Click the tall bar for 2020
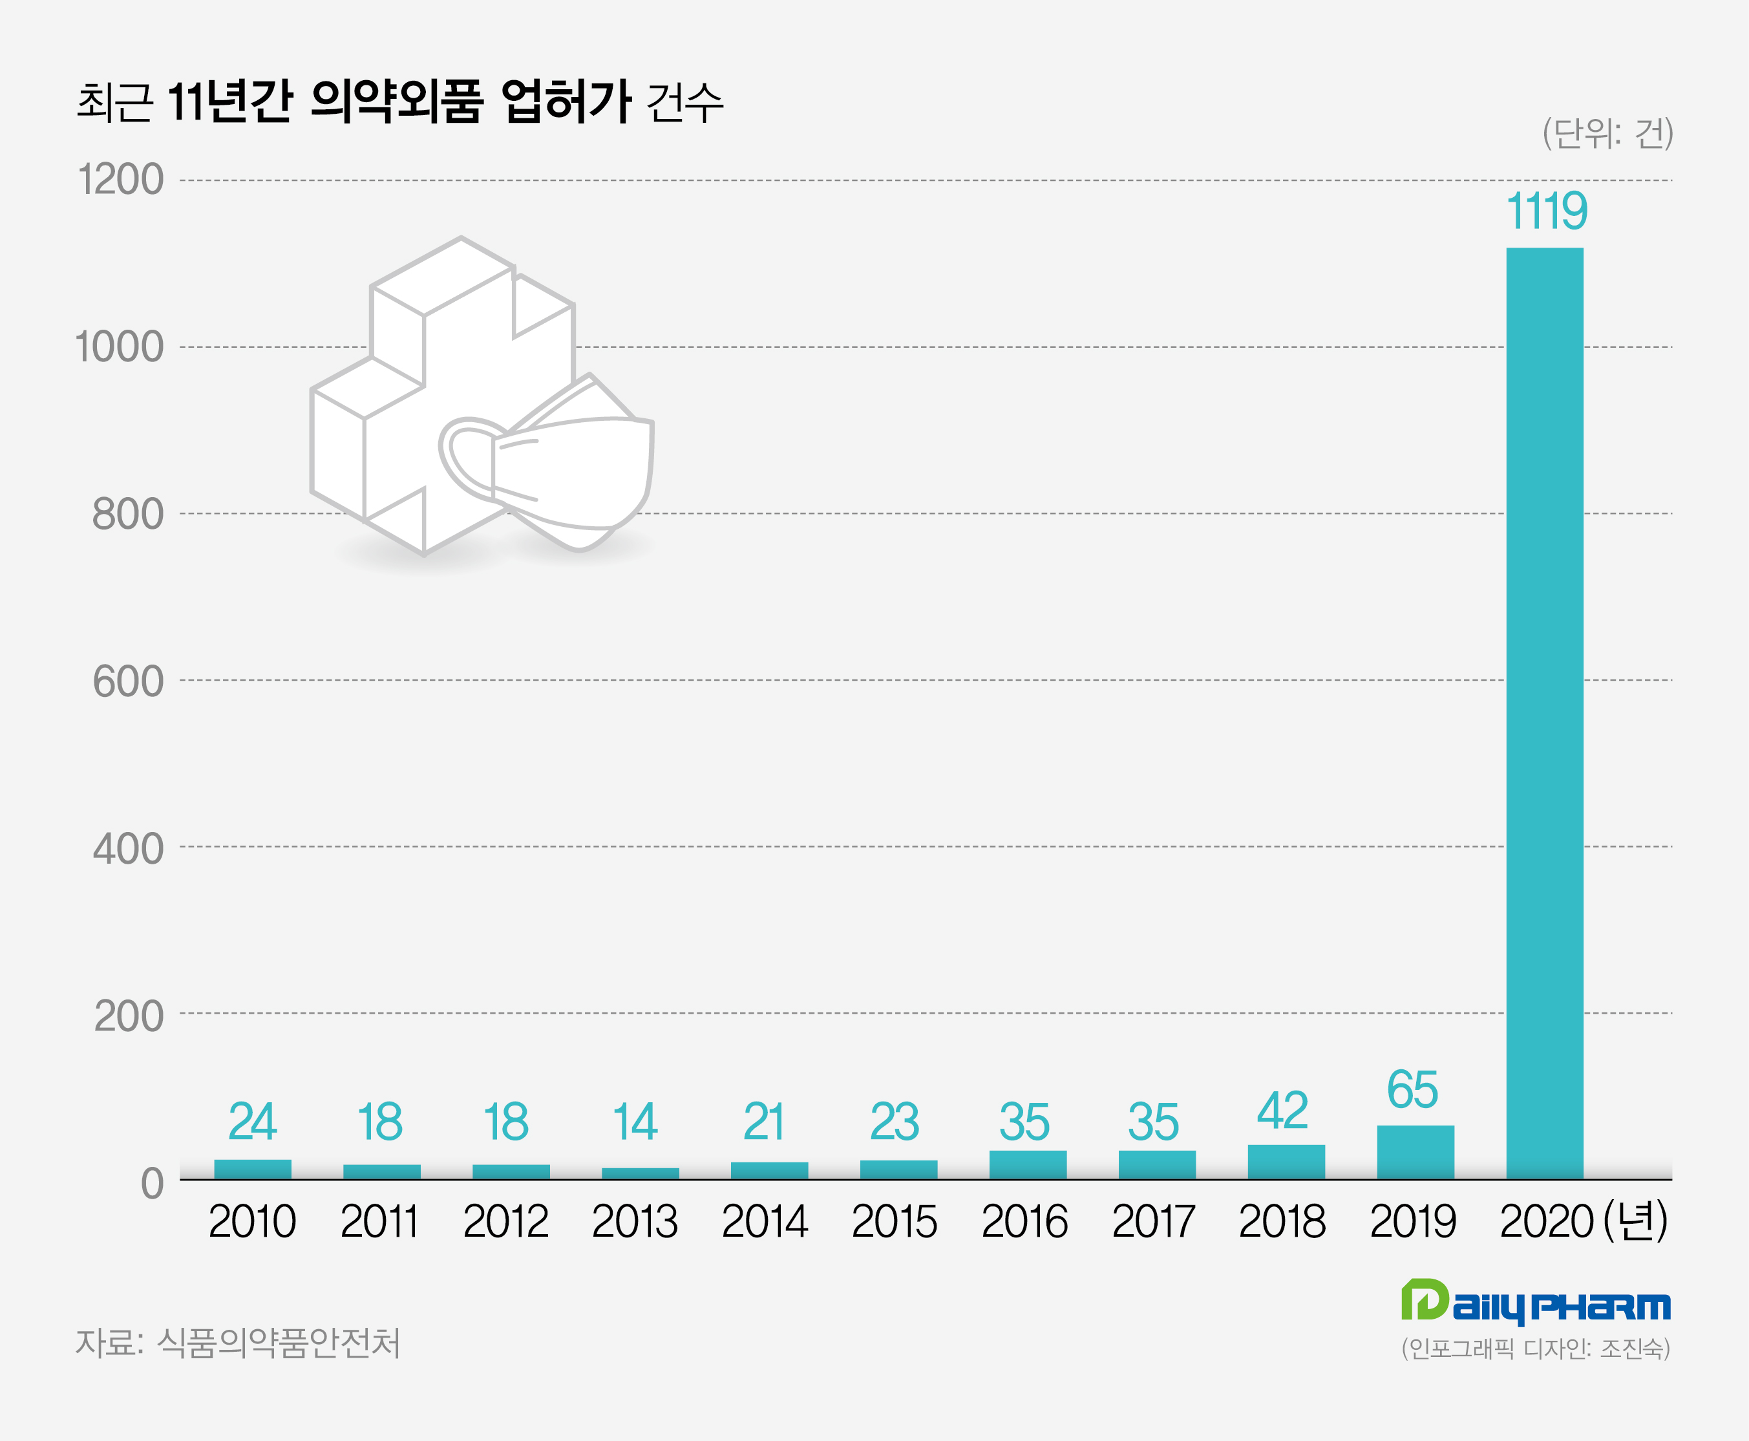coord(1544,714)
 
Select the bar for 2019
coord(1415,1152)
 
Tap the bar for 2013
coord(640,1173)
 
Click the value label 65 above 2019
coord(1412,1090)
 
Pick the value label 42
coord(1283,1111)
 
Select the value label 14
coord(635,1122)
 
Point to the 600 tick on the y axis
coord(128,681)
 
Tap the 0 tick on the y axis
coord(152,1183)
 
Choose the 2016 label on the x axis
coord(1024,1222)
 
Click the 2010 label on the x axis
coord(251,1222)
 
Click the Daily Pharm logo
coord(1536,1304)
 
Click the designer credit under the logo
coord(1536,1348)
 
